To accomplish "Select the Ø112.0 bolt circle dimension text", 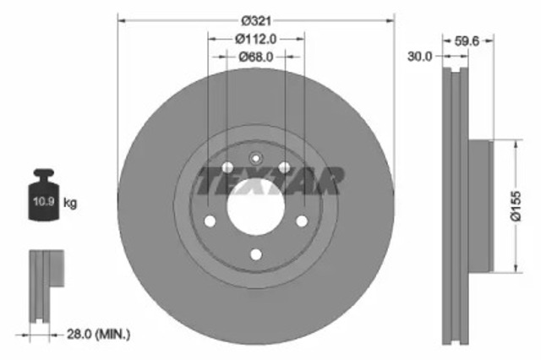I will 255,37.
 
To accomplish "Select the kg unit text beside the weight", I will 71,203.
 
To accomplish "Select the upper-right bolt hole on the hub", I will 285,166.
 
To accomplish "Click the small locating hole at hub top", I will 255,156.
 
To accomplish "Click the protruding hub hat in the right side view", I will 478,206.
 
